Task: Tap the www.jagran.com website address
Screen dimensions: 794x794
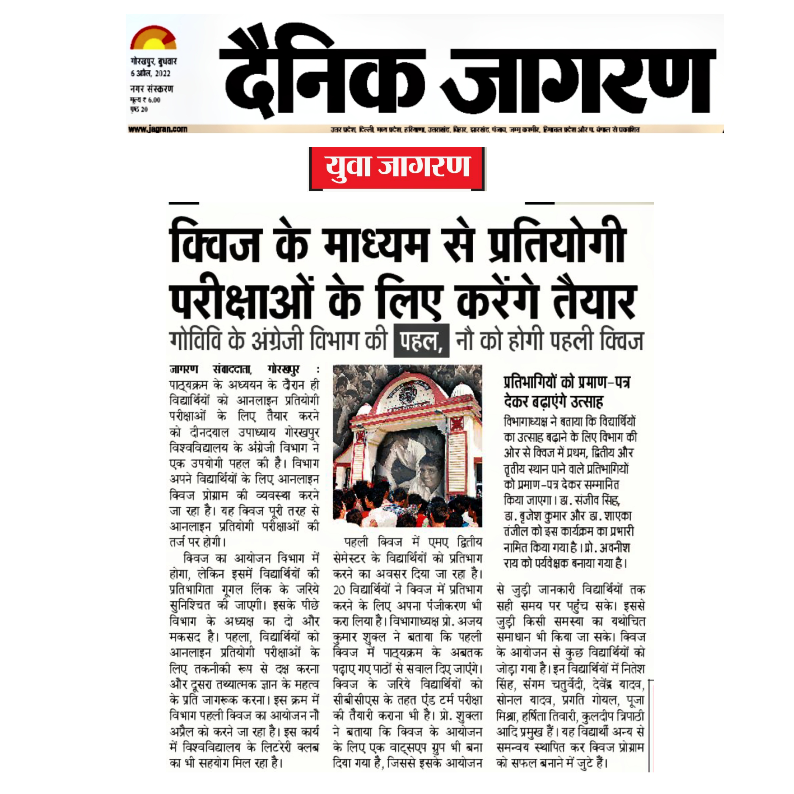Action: (157, 129)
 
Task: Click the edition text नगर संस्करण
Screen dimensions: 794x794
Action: (152, 89)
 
